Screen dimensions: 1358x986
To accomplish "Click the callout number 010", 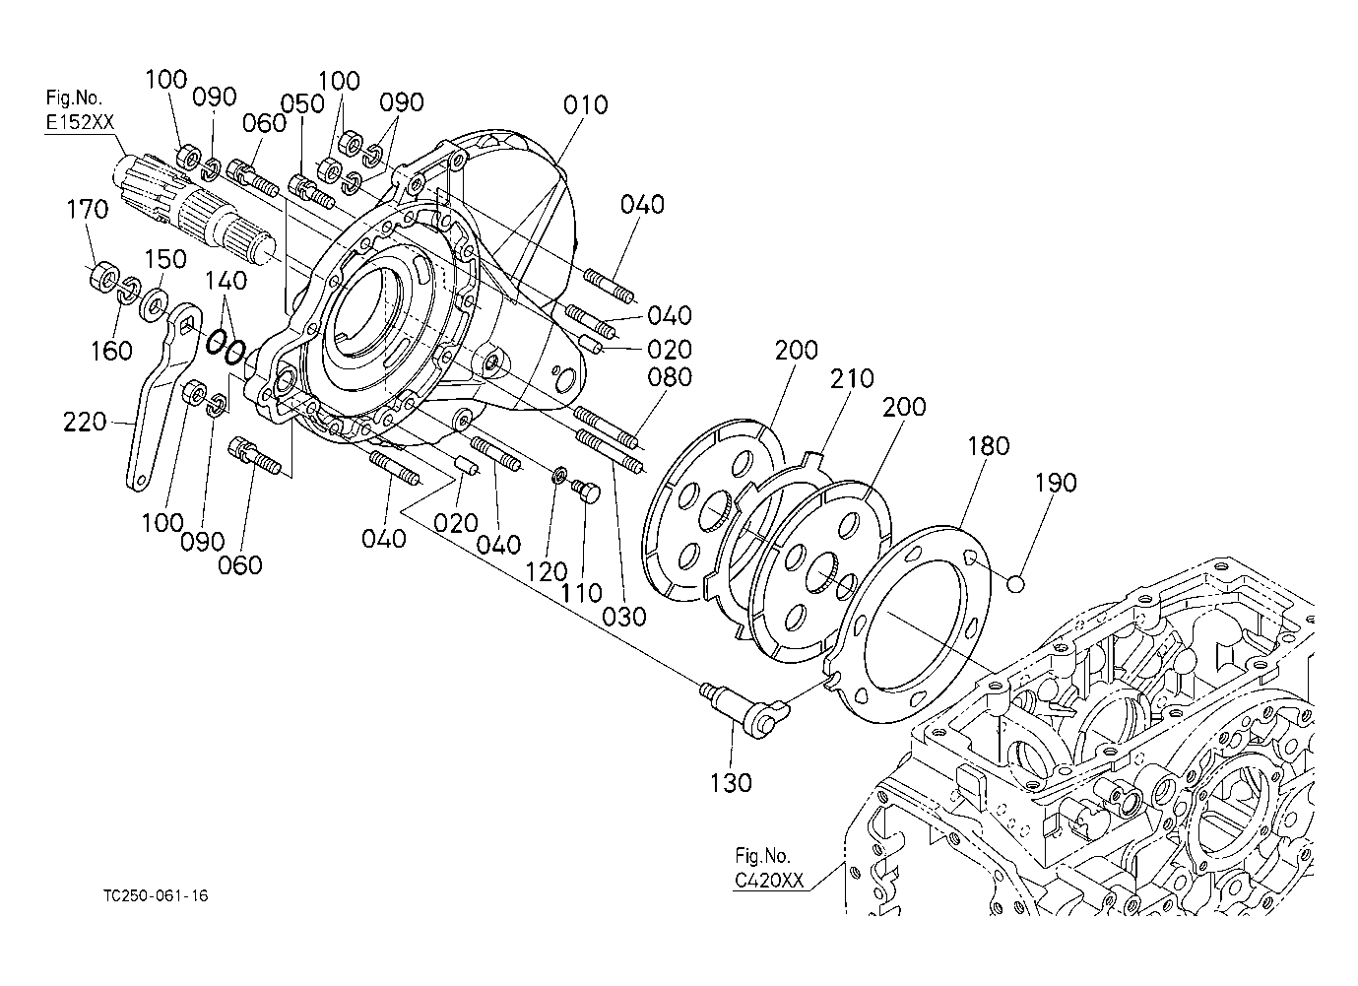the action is click(x=585, y=105).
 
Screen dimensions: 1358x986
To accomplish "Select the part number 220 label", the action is click(x=85, y=422).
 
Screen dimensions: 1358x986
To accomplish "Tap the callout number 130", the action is click(x=731, y=783).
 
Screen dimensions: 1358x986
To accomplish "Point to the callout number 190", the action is click(x=1055, y=483).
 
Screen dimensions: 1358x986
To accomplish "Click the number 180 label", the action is click(x=988, y=445).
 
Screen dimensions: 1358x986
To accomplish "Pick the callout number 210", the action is click(x=852, y=378).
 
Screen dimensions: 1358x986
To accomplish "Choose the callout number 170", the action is click(x=88, y=209).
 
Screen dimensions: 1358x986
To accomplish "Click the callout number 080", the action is click(x=670, y=377).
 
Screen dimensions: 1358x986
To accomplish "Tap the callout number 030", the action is click(x=623, y=617).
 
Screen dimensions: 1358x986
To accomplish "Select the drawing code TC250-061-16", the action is click(x=156, y=895).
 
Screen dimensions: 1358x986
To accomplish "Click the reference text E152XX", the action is click(x=80, y=123).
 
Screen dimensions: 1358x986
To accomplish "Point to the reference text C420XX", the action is click(x=769, y=880).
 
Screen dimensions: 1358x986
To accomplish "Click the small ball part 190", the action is click(x=1016, y=584).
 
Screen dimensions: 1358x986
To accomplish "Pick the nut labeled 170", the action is click(x=104, y=277).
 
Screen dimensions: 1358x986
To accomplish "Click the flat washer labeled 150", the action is click(x=154, y=304).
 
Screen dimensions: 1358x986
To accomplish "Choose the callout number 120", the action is click(x=547, y=571).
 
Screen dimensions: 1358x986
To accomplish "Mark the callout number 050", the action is click(x=302, y=103).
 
